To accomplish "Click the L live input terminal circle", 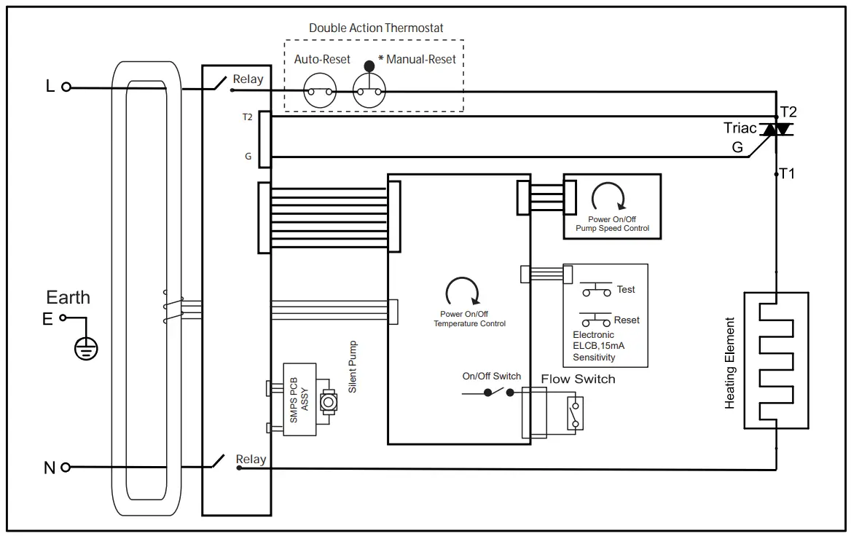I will tap(66, 87).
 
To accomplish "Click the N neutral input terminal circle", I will tap(66, 467).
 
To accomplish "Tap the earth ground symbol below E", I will tap(86, 349).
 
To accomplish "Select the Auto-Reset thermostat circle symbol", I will tap(318, 92).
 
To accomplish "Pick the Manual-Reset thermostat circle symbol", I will tap(369, 92).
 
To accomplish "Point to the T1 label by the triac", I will tap(788, 173).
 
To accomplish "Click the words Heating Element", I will tap(731, 362).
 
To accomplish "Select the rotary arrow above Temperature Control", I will tap(462, 291).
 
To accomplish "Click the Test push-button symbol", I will tap(596, 290).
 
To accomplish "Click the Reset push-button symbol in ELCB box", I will tap(596, 320).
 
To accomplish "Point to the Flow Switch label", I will tap(578, 379).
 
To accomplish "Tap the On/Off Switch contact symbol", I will tap(498, 392).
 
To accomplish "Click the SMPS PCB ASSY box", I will tap(299, 400).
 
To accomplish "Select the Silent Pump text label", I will tap(353, 367).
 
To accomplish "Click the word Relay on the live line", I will tap(248, 79).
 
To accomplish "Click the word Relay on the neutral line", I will tap(251, 460).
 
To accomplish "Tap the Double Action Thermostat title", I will tap(376, 28).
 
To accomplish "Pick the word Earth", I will tap(68, 297).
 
